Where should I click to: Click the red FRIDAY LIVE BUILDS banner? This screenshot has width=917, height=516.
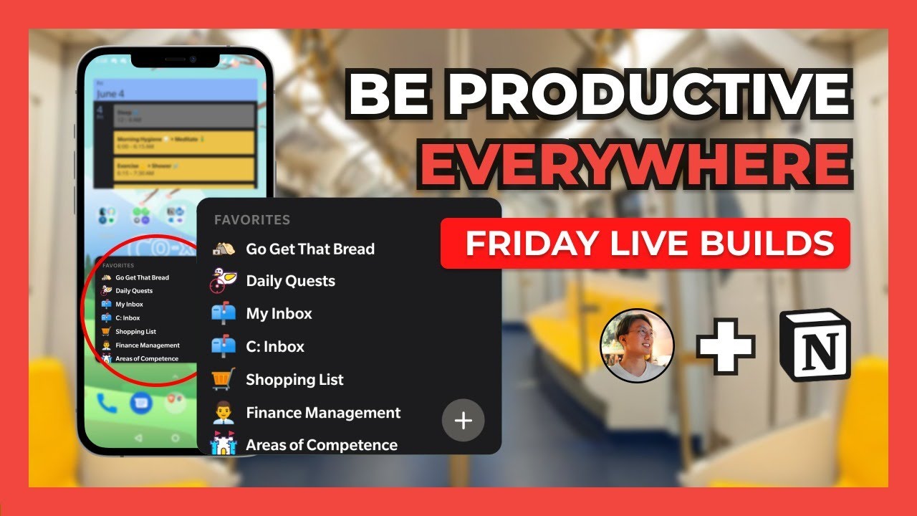(645, 244)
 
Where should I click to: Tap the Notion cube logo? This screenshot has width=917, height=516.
(815, 345)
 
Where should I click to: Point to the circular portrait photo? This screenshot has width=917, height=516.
(637, 345)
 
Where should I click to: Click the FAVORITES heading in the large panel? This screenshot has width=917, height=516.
(251, 220)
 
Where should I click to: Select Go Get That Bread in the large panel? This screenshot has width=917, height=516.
(309, 249)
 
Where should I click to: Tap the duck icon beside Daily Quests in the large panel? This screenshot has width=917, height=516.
(223, 280)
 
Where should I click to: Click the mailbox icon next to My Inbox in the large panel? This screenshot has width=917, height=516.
(223, 314)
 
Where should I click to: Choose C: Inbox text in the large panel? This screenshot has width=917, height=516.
(275, 347)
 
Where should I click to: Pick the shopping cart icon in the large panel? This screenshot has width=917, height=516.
(223, 379)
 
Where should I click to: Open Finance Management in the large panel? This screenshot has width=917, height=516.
(323, 413)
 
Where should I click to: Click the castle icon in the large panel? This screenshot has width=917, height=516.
(223, 445)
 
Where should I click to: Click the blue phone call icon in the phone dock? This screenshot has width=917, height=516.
(107, 403)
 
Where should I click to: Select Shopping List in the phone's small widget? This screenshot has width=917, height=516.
(135, 332)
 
